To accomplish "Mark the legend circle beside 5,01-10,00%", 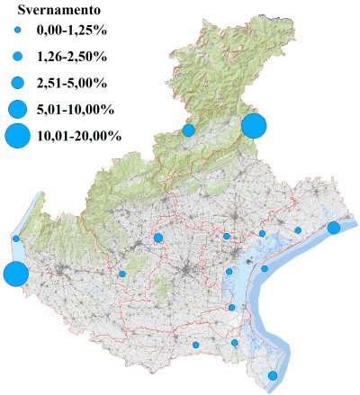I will point(16,110).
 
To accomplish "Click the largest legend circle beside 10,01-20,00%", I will point(16,137).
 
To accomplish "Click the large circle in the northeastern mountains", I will point(254,125).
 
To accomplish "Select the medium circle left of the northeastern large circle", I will point(189,130).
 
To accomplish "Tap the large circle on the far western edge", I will point(14,274).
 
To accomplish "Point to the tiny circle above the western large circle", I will point(16,238).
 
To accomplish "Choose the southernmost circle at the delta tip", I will point(273,375).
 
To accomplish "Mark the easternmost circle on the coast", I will point(333,228).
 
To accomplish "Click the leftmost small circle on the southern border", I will point(195,345).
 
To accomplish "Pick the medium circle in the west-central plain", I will point(157,238).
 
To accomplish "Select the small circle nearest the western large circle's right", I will point(122,274).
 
